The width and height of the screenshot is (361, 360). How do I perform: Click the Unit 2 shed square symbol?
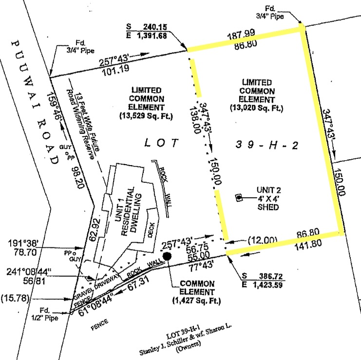pos(239,197)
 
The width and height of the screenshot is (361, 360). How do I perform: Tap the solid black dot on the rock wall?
pos(167,255)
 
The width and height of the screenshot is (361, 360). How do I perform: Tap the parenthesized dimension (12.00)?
pos(262,240)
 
